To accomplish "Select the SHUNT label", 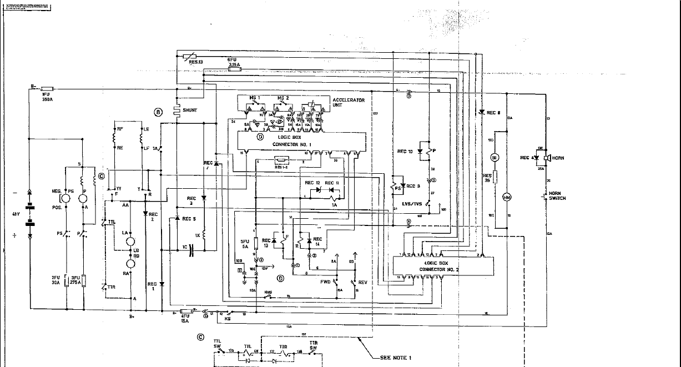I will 189,110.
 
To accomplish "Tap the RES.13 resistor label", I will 196,62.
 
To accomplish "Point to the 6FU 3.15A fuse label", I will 234,62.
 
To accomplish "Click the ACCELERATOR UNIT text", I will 348,102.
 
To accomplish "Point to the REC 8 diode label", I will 493,113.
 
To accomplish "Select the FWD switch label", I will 325,282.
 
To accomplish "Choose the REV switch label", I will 363,282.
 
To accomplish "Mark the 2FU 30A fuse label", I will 56,279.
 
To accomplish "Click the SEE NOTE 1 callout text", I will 396,358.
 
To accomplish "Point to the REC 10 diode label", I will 405,151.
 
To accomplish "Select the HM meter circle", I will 506,198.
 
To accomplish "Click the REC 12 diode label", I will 312,183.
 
